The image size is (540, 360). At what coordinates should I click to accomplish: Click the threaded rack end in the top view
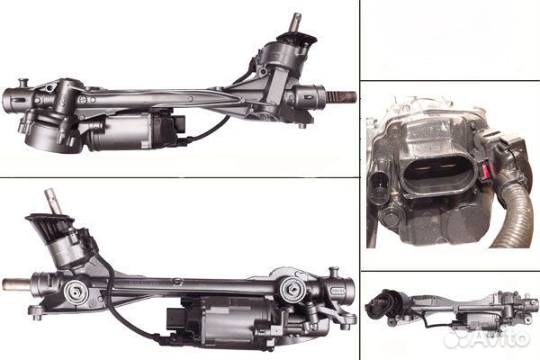pyautogui.click(x=342, y=97)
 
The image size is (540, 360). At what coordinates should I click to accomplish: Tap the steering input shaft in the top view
pyautogui.click(x=293, y=22)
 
